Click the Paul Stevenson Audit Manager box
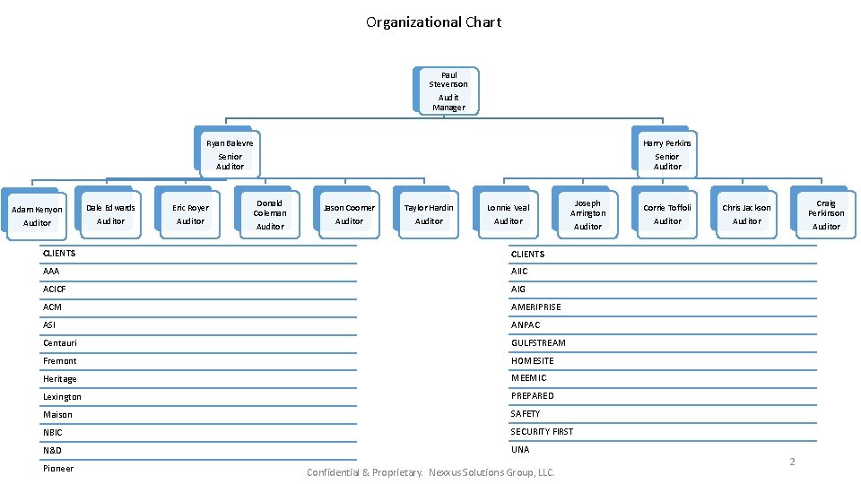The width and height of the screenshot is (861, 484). [x=448, y=91]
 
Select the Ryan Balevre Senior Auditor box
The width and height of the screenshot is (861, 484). [x=230, y=154]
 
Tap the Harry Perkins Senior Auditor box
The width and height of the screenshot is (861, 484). [x=666, y=154]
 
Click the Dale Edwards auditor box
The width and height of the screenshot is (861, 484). [x=110, y=214]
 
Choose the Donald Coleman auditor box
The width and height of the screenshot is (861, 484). [x=270, y=214]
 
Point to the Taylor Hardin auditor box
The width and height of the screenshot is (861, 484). [x=429, y=214]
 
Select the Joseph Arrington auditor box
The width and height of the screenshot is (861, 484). [x=587, y=214]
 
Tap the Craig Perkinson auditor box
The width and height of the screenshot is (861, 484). [x=825, y=214]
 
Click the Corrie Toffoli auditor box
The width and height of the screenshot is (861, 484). [x=667, y=214]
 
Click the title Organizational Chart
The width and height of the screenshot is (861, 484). [x=433, y=22]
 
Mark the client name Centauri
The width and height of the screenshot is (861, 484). [x=60, y=343]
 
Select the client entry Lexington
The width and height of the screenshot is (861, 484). [x=62, y=397]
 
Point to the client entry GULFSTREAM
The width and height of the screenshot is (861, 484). [x=538, y=342]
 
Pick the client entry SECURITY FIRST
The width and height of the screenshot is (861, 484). [x=542, y=431]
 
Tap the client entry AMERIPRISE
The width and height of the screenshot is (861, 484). [x=535, y=307]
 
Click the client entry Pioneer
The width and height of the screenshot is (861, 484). [x=58, y=469]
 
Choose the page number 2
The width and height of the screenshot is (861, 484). [x=792, y=462]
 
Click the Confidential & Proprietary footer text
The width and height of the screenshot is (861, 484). [x=431, y=472]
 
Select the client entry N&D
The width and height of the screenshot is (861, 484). [x=52, y=450]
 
